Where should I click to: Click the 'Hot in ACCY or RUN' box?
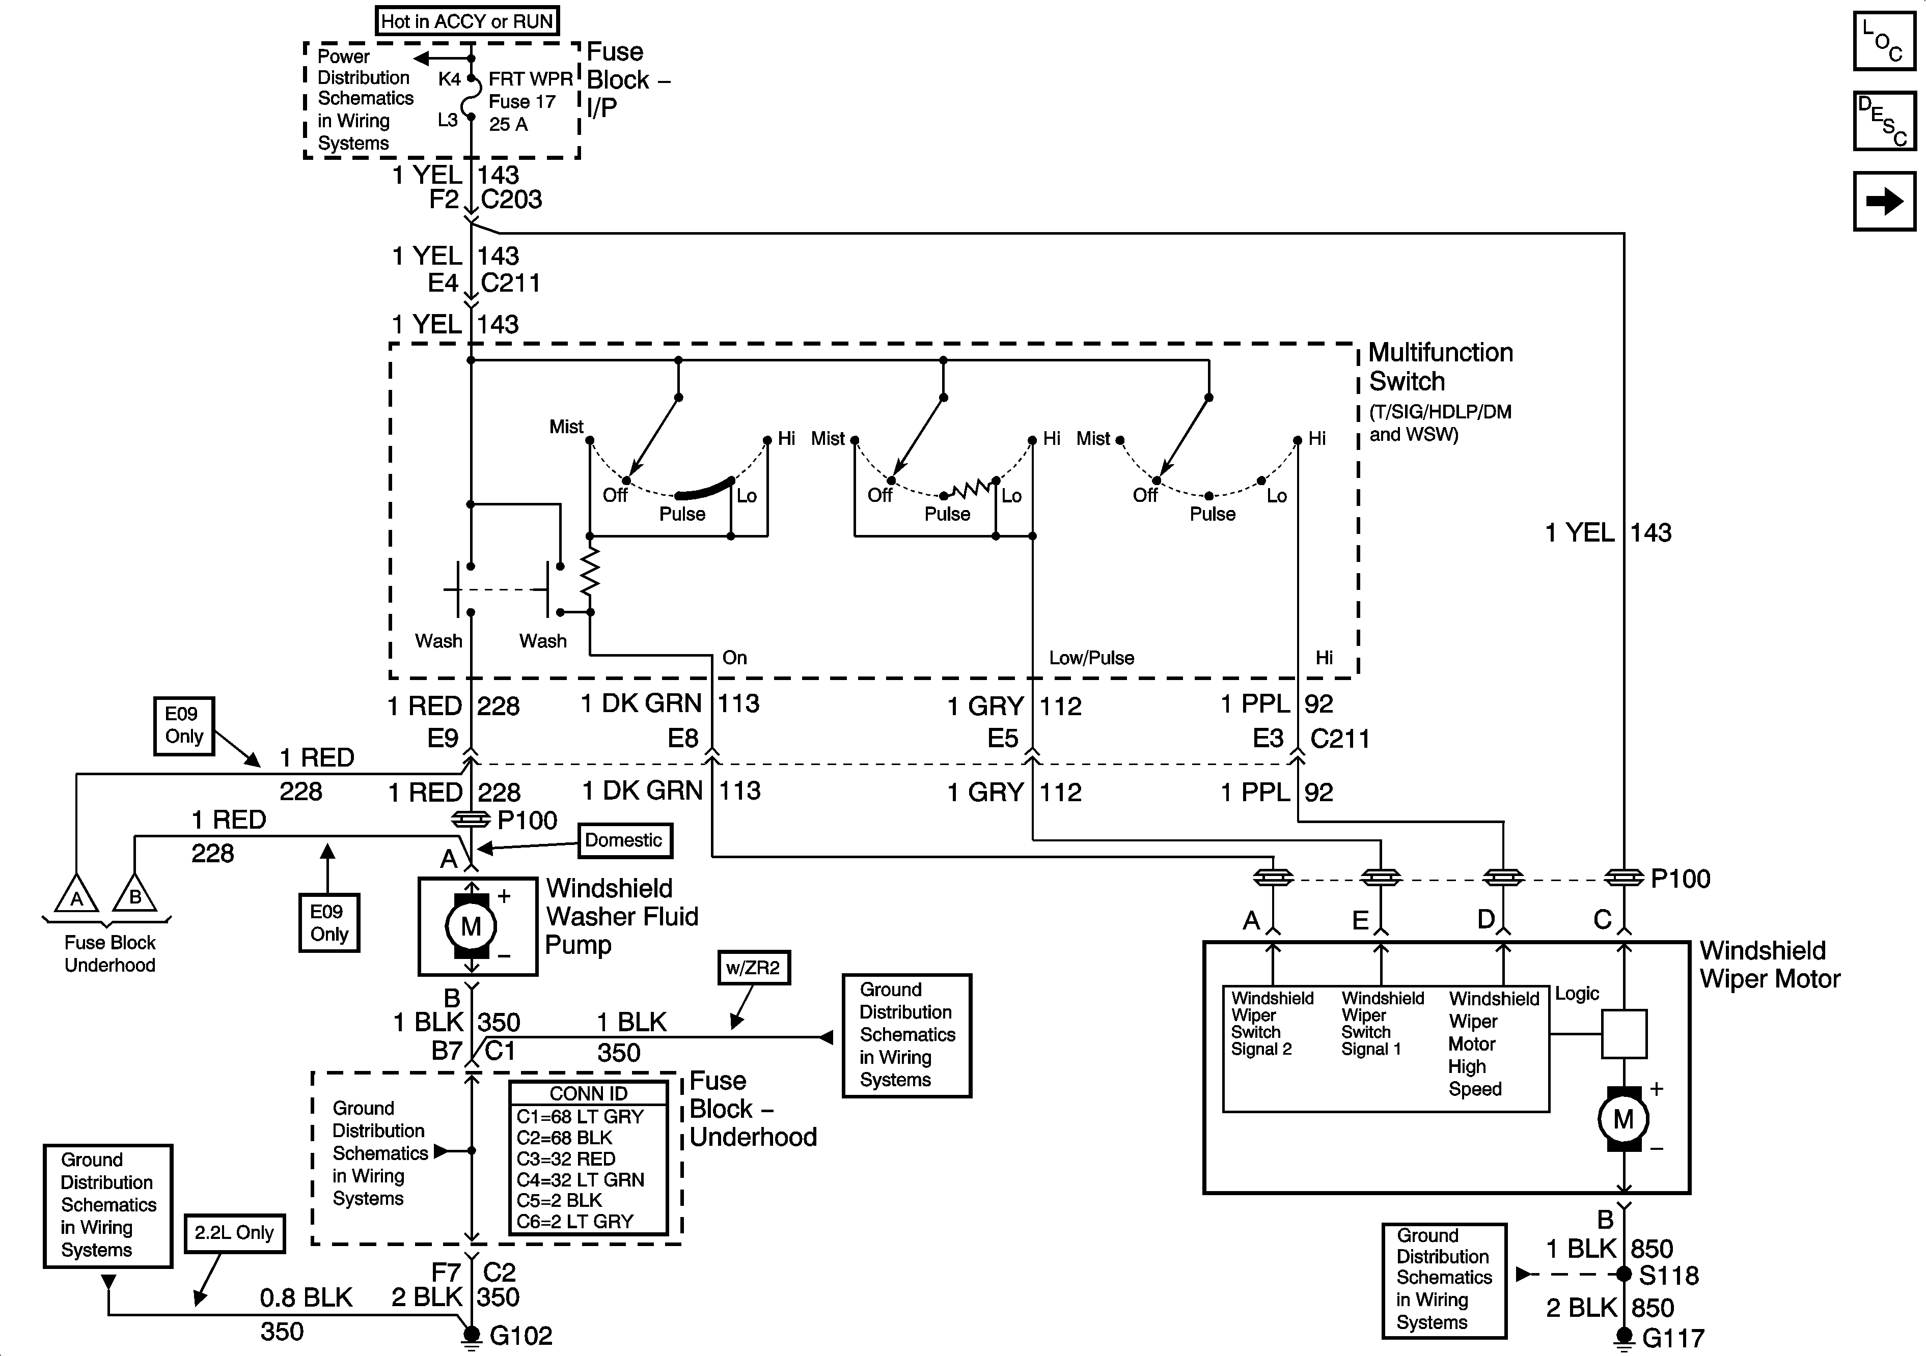(467, 21)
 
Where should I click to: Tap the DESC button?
(1884, 121)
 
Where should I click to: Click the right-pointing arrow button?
(1884, 201)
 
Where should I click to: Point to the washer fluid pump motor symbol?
(472, 926)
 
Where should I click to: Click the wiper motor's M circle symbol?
(1623, 1119)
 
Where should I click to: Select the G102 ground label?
(521, 1336)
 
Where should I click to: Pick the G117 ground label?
(1673, 1338)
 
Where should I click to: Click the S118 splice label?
(1669, 1276)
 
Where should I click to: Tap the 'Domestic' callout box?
(624, 840)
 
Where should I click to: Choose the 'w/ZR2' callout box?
(753, 968)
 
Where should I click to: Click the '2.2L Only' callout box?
(234, 1233)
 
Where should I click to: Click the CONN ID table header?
(589, 1093)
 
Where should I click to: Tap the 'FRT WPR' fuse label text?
(530, 79)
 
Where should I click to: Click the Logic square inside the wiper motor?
(1624, 1034)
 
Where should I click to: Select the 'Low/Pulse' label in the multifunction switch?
(1091, 658)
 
